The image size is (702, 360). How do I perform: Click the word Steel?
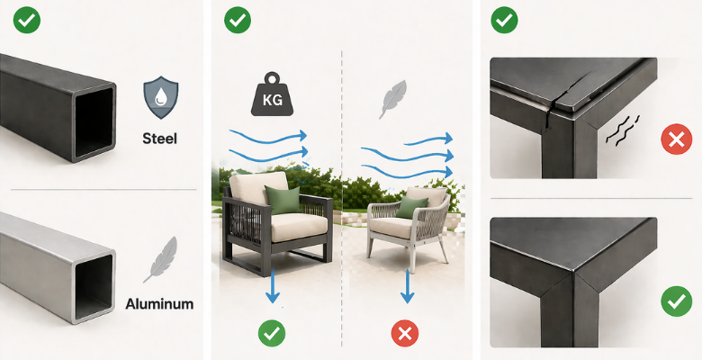[160, 139]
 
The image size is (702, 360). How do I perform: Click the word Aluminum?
[159, 304]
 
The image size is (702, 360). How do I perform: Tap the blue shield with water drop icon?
[161, 97]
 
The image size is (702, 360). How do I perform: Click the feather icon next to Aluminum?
[160, 260]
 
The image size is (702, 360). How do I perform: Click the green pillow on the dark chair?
[283, 200]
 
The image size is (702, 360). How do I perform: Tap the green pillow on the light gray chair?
[410, 207]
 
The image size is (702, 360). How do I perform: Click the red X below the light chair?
[405, 334]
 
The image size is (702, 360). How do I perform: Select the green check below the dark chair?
[272, 333]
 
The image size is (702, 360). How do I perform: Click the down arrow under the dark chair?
[273, 285]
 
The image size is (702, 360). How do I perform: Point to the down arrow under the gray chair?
[407, 285]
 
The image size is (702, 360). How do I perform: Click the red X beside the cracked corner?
[677, 140]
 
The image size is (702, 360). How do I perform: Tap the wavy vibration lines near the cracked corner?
[622, 130]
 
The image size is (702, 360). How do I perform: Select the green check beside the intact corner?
[677, 301]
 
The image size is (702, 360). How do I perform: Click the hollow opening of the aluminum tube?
[94, 286]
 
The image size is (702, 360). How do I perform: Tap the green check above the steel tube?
[27, 20]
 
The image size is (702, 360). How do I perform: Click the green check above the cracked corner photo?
[505, 20]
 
